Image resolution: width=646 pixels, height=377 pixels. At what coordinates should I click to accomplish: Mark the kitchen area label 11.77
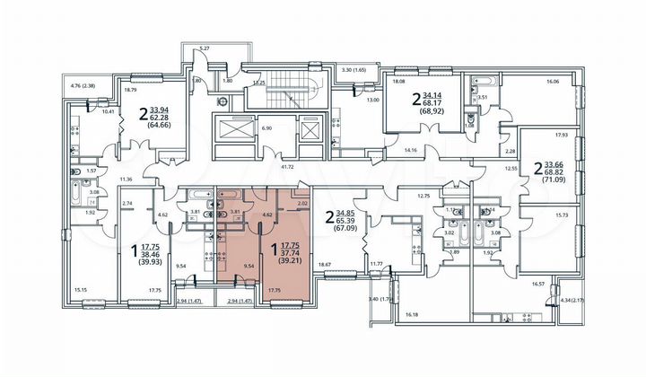(x=376, y=263)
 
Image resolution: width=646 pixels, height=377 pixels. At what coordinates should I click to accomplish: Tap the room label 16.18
(x=412, y=315)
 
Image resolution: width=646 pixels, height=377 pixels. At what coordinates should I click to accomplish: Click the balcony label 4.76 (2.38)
(x=83, y=87)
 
